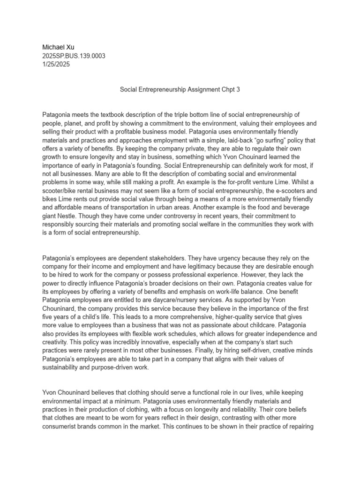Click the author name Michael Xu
coord(58,47)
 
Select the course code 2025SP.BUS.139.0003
coord(74,56)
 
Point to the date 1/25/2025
coord(56,65)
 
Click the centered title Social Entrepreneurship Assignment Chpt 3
coord(180,89)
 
